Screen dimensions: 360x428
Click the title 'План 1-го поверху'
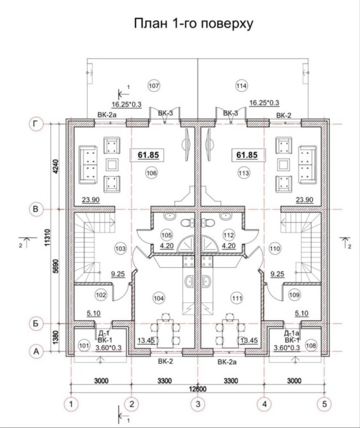click(193, 24)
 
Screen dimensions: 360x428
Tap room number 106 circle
click(152, 172)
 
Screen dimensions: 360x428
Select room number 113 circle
click(244, 172)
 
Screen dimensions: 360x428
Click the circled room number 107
click(154, 86)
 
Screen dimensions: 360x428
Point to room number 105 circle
click(167, 235)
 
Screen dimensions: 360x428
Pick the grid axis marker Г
click(36, 124)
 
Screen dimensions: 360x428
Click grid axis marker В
click(36, 209)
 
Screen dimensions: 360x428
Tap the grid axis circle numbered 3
click(198, 404)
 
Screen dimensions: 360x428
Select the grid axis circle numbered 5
click(324, 404)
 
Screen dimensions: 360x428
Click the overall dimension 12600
click(198, 389)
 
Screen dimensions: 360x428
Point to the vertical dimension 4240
click(56, 166)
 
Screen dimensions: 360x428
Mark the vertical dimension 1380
click(56, 337)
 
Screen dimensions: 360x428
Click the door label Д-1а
click(292, 333)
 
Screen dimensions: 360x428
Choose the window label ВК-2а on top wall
click(107, 114)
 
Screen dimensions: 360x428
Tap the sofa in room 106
click(88, 165)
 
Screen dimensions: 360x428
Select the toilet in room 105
click(188, 222)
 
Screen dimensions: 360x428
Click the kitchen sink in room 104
click(189, 281)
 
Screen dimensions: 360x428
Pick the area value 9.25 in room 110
click(278, 273)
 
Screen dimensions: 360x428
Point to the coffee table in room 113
click(283, 165)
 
